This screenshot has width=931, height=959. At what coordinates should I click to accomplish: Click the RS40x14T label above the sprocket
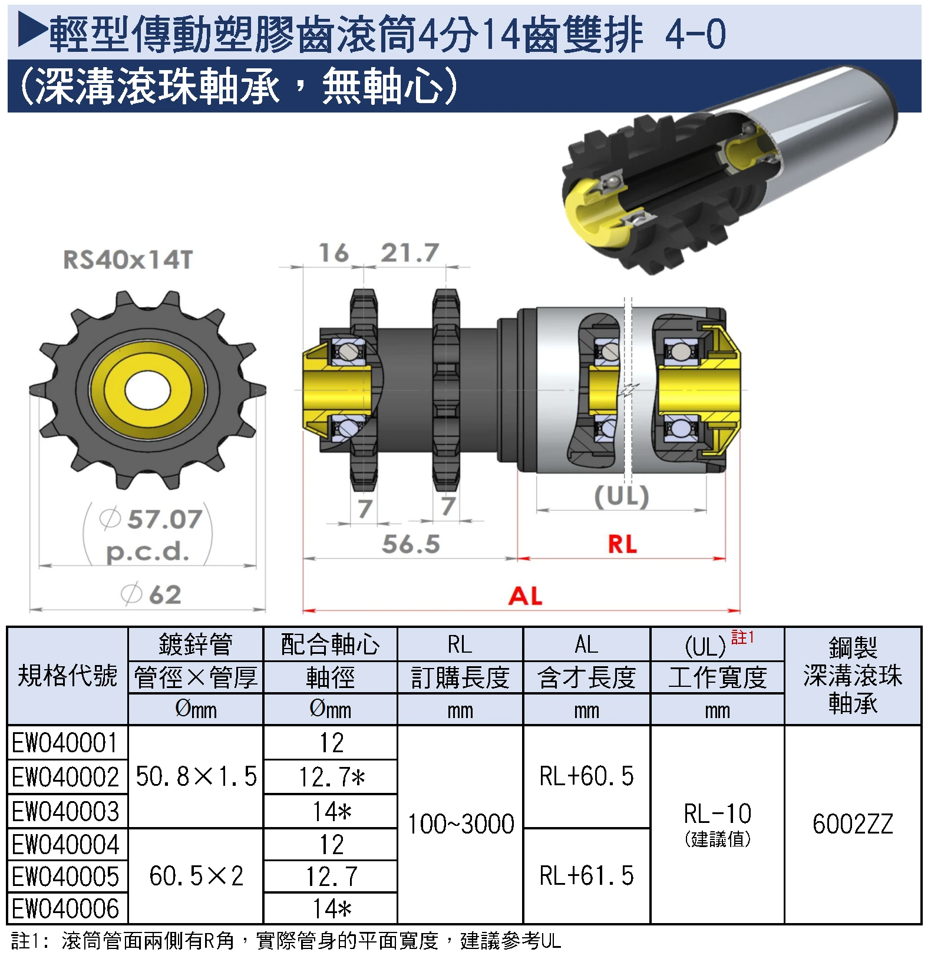tap(128, 260)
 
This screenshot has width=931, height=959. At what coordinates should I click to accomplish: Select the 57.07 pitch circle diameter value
tap(165, 519)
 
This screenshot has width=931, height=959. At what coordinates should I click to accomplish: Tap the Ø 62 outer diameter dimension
tap(151, 594)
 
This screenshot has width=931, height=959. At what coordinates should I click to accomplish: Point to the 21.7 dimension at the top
tap(410, 253)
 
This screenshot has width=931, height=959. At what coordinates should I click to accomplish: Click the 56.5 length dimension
tap(411, 544)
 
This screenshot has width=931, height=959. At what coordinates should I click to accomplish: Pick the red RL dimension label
tap(623, 544)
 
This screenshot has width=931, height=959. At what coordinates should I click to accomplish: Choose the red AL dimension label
tap(525, 596)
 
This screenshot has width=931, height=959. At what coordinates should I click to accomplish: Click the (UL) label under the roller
tap(622, 496)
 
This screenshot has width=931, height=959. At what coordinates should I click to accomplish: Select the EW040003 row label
tap(65, 811)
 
